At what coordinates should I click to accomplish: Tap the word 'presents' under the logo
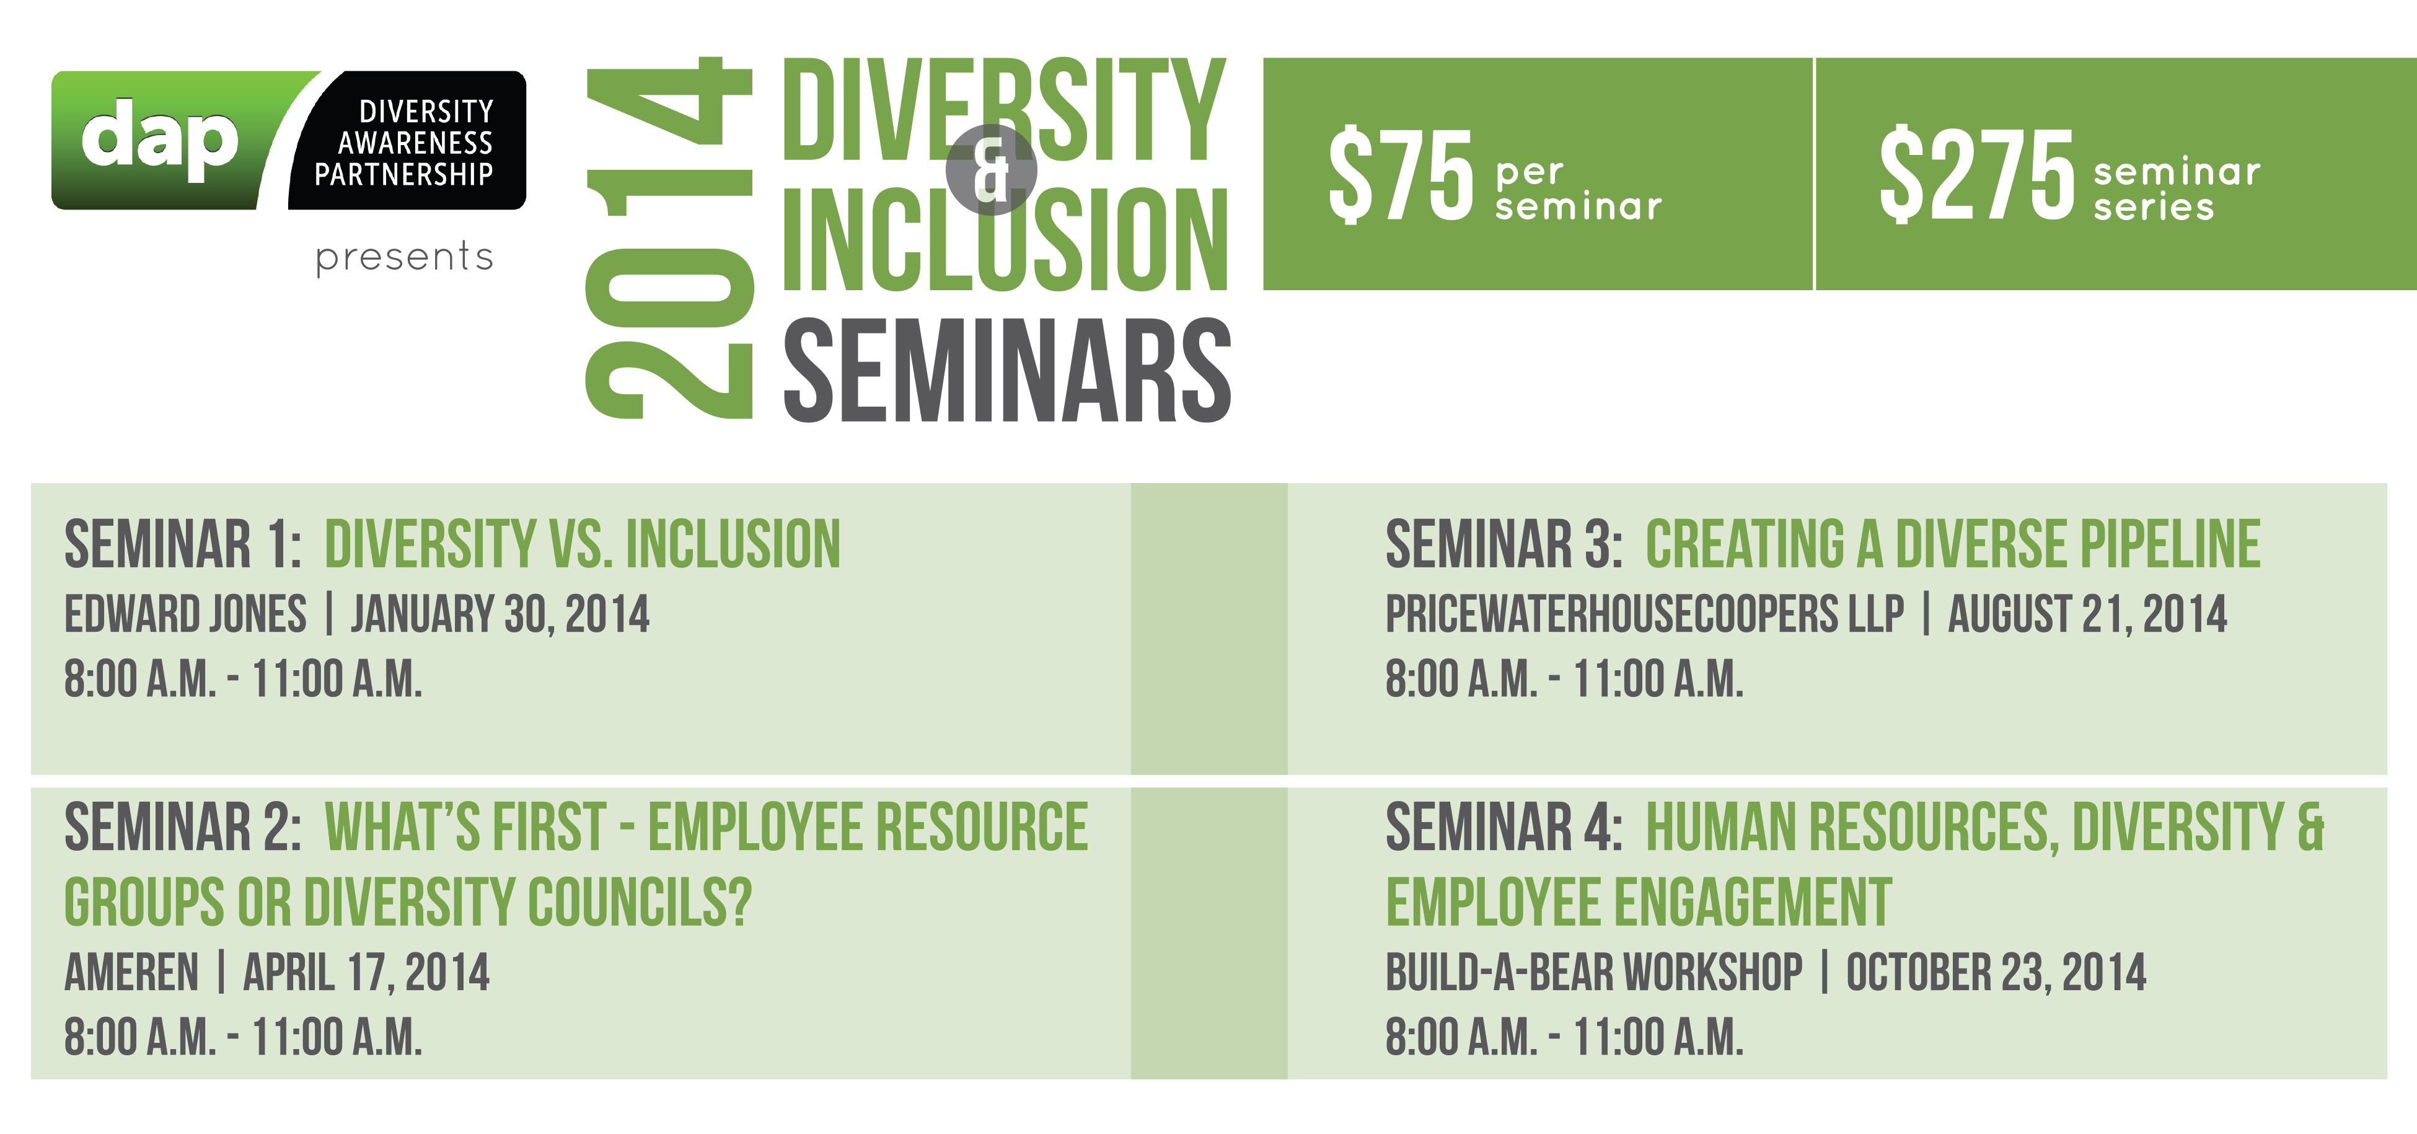(405, 256)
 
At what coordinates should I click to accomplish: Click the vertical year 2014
(669, 237)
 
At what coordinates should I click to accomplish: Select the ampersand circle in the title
(991, 170)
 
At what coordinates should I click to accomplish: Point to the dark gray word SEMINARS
(1006, 370)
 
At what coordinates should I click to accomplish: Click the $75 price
(1401, 175)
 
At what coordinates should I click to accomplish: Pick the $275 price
(1977, 175)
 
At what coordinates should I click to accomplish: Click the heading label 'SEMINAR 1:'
(183, 544)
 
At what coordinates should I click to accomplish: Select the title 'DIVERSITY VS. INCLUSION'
(583, 544)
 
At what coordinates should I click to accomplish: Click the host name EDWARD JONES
(185, 614)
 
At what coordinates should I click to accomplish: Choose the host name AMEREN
(131, 973)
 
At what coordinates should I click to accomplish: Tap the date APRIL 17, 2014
(366, 973)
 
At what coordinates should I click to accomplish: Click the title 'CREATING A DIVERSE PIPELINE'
(1953, 544)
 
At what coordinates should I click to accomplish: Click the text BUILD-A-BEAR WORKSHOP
(1594, 973)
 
